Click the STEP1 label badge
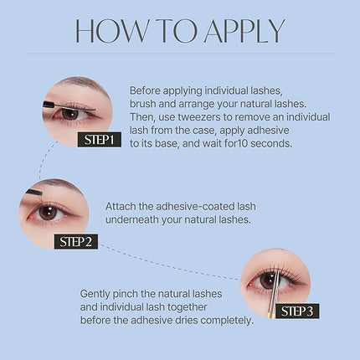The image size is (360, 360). coord(99,140)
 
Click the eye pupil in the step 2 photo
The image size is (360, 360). coord(49,212)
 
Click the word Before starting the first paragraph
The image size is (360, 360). coord(148,88)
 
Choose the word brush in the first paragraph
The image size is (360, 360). coord(145,101)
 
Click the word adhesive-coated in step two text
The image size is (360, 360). coord(195,205)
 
